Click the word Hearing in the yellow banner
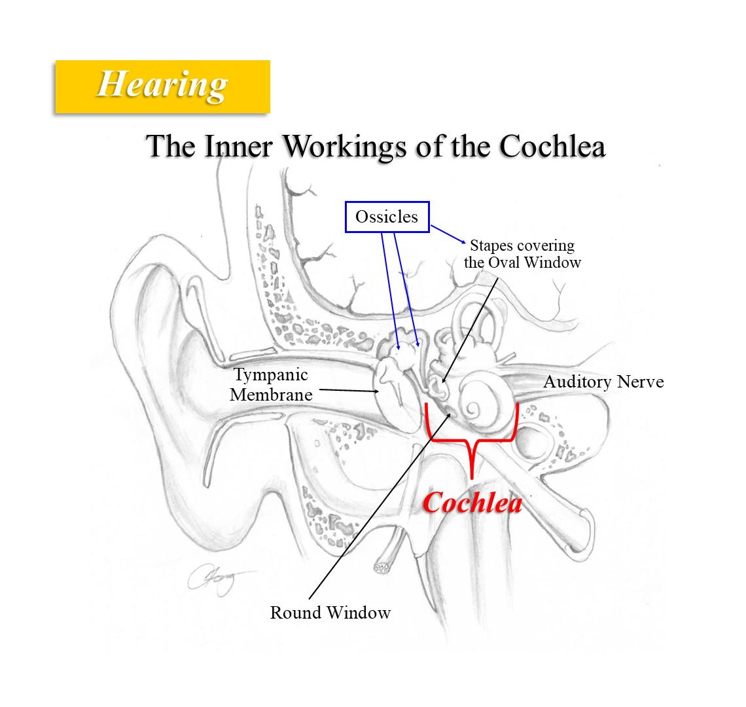click(162, 85)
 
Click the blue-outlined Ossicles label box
click(387, 217)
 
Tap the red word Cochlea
click(472, 503)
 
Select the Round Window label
click(330, 613)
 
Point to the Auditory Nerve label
click(603, 382)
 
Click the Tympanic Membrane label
click(271, 385)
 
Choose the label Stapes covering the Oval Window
click(522, 254)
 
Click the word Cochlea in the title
click(552, 146)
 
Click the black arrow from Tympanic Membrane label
click(347, 391)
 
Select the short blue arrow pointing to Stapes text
click(448, 235)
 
